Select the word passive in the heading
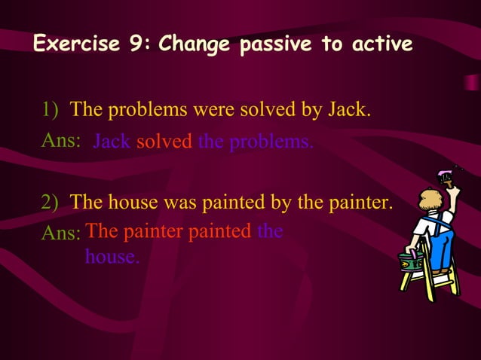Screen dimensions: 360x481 (274, 45)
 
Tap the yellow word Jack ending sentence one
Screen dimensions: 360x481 (347, 110)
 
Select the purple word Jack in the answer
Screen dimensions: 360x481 (111, 142)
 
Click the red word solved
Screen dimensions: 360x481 (164, 142)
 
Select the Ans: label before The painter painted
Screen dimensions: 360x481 (60, 233)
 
